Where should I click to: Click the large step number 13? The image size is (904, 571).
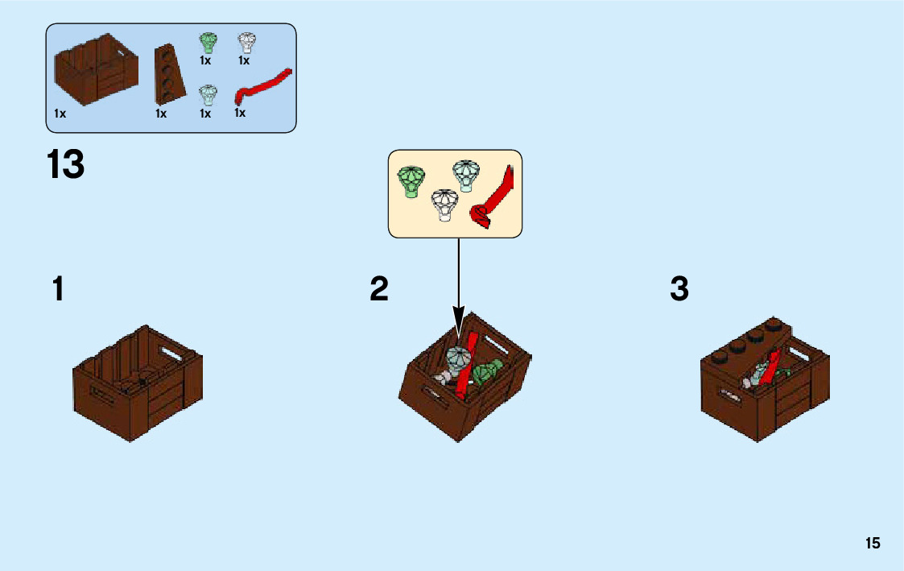66,164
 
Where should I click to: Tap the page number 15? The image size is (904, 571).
873,544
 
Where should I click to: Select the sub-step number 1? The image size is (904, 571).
58,289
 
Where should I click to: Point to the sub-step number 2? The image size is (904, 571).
379,289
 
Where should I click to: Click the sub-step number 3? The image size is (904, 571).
679,289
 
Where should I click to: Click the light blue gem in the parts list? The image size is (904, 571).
208,95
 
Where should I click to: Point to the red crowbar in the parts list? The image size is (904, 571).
262,86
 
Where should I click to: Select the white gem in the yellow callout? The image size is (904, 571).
443,205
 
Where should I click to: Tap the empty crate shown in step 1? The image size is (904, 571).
138,382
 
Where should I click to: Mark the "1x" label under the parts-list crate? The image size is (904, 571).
60,114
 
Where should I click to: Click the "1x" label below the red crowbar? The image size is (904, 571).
240,113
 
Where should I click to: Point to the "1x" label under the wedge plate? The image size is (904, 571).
161,114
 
